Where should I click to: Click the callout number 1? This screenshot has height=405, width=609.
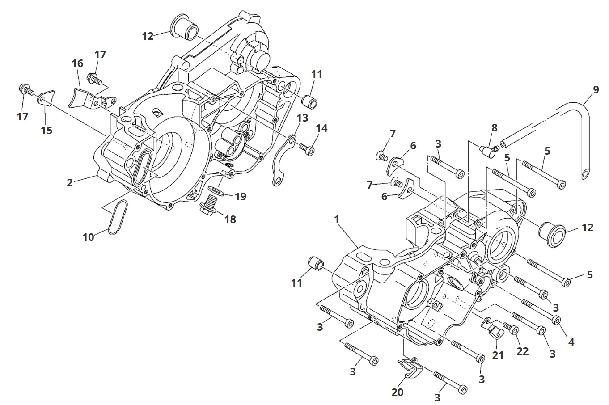click(x=336, y=220)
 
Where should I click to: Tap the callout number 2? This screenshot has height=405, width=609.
click(x=70, y=182)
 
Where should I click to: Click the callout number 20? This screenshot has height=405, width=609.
click(x=398, y=392)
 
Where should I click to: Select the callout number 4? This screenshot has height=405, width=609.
click(x=571, y=342)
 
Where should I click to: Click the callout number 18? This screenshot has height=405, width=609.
click(x=231, y=219)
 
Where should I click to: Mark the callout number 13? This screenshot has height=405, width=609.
click(x=303, y=118)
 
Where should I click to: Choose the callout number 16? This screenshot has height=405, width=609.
click(x=77, y=63)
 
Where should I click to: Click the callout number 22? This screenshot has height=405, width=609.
click(x=522, y=351)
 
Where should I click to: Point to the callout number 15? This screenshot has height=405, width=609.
click(x=47, y=130)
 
